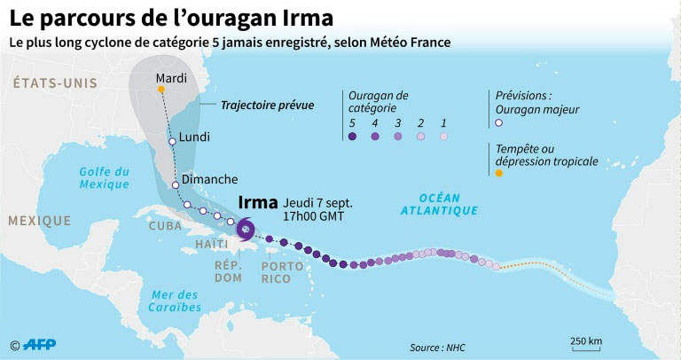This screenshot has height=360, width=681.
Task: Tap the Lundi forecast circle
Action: coord(172,140)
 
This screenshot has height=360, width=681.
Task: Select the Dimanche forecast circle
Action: coord(176,185)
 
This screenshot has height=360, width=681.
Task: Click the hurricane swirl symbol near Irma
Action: coord(245,231)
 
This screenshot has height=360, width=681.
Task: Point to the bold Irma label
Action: coord(259,203)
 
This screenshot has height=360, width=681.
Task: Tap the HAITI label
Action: coord(211,244)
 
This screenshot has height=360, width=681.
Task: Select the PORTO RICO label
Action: coord(277,271)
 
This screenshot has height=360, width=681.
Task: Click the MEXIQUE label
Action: coord(39,220)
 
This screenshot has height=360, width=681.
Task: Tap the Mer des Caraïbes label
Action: coord(176,301)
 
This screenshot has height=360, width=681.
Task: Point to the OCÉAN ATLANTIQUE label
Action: coord(439,203)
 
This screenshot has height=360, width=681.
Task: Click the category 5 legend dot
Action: coord(352,137)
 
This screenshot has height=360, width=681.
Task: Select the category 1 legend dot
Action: coord(443,137)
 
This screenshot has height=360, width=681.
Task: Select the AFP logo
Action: coord(42,345)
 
